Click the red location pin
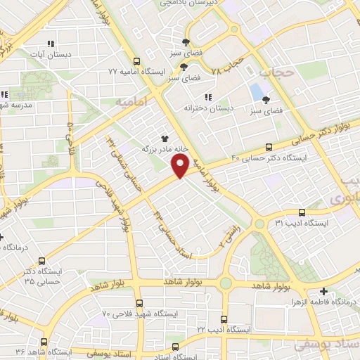tap(180, 166)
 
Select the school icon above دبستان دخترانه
tap(207, 97)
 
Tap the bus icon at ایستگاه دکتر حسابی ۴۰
tap(269, 147)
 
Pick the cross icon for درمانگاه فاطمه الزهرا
tap(323, 290)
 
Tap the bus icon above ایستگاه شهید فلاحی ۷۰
tap(139, 303)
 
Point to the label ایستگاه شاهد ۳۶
tap(49, 351)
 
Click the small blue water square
tap(255, 91)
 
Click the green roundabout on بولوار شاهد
tap(225, 283)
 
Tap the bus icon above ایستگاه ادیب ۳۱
tap(302, 212)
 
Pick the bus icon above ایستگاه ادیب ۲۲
tap(224, 319)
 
